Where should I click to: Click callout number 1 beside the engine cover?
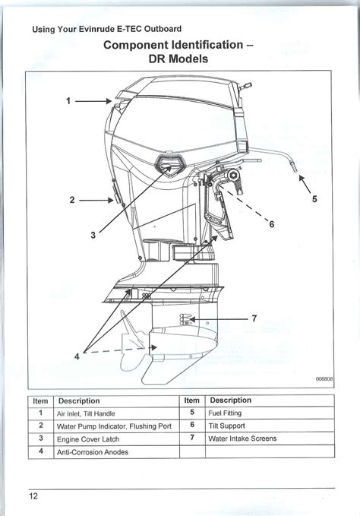coord(68,101)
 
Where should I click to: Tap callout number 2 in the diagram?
coord(72,200)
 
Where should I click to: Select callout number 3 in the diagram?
coord(93,235)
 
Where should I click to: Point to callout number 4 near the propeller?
coord(77,356)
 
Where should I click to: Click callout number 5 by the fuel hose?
coord(314,199)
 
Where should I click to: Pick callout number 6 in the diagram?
coord(272,224)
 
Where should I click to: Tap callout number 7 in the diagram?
coord(254,318)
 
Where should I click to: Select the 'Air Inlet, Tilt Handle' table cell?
coord(116,413)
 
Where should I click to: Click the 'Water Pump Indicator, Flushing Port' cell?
coord(116,426)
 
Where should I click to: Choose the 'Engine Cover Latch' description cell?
coord(116,439)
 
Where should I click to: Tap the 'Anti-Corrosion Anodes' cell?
coord(116,452)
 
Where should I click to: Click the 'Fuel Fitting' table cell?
coord(270,413)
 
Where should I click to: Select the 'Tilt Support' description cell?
coord(270,426)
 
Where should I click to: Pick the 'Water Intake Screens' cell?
coord(270,438)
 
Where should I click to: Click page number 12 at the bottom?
coord(33,496)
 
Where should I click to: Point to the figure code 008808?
coord(324,378)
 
